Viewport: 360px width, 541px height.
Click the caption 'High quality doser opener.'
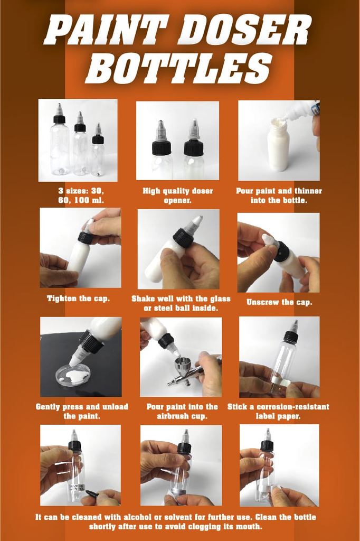tap(178, 195)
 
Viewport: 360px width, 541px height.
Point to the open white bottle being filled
tap(278, 145)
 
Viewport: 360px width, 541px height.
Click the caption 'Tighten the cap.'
tap(78, 299)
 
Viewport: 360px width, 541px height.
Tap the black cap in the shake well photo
tap(183, 238)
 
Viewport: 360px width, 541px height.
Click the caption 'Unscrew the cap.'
tap(279, 303)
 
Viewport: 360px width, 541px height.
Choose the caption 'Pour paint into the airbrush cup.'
tap(182, 412)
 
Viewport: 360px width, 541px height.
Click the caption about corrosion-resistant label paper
tap(278, 412)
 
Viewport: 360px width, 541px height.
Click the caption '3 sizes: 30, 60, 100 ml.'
tap(81, 195)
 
